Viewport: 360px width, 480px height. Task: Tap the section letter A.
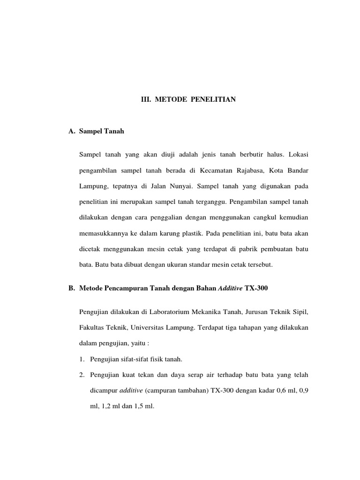click(72, 132)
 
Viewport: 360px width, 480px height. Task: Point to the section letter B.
click(72, 288)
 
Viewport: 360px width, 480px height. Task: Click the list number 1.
click(81, 359)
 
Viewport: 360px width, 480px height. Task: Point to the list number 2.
click(81, 375)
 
